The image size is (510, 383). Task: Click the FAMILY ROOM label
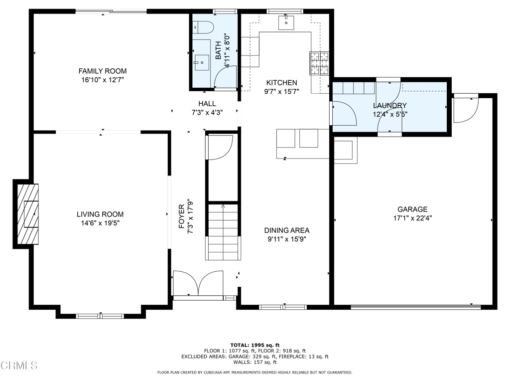tap(103, 71)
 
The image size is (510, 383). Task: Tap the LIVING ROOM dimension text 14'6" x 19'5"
tap(100, 223)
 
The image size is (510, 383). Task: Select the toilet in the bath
tap(203, 27)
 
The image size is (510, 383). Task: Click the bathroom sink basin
tap(201, 62)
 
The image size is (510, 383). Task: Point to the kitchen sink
tap(286, 22)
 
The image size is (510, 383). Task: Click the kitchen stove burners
tap(319, 63)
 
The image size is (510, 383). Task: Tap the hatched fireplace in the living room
tap(28, 214)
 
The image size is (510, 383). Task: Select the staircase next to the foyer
tap(223, 232)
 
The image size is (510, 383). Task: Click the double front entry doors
tap(198, 283)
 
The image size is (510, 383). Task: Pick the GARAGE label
tap(412, 209)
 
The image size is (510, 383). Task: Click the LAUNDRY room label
tap(390, 106)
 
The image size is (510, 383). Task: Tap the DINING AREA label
tap(286, 230)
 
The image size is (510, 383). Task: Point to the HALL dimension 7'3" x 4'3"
tap(207, 113)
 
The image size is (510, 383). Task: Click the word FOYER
tap(181, 216)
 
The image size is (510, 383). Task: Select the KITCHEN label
tap(282, 83)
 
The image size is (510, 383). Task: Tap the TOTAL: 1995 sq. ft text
tap(255, 345)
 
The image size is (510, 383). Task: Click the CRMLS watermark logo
tap(19, 365)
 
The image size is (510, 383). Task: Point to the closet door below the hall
tap(220, 148)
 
